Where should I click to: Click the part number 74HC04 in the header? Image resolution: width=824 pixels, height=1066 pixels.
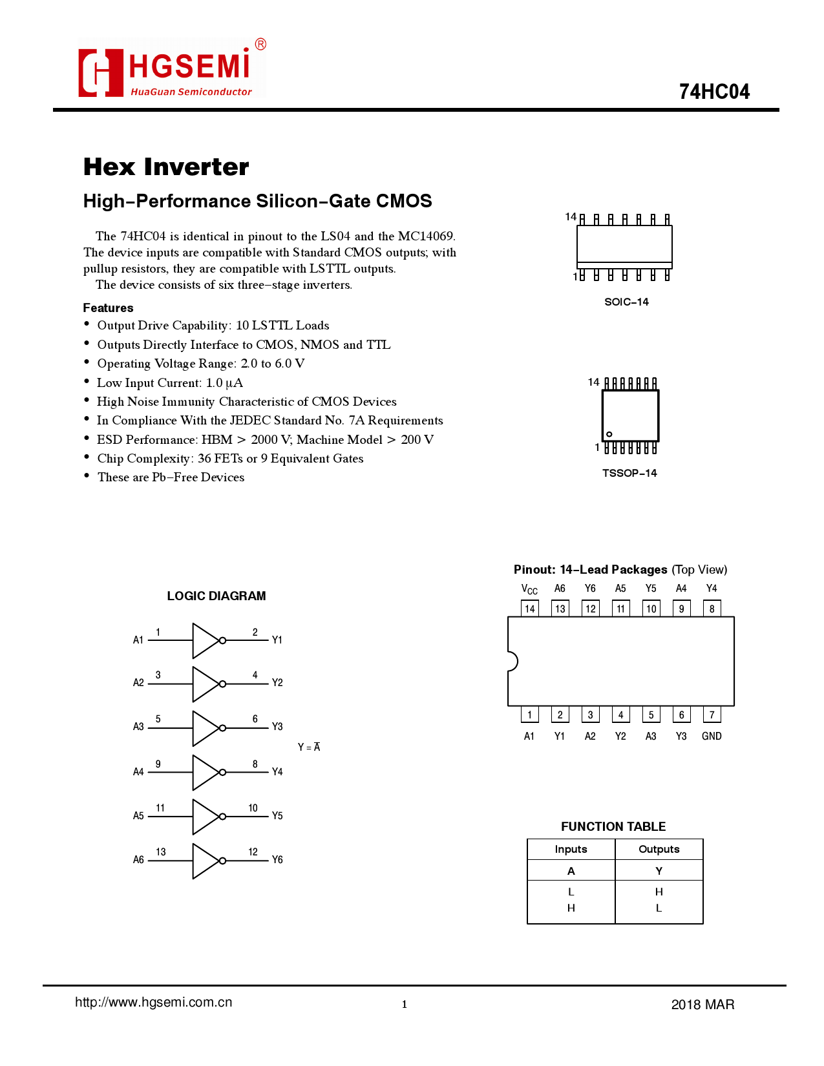point(713,92)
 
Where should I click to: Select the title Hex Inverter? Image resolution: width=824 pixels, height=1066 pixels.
point(166,167)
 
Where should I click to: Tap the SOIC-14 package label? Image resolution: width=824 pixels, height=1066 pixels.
point(626,302)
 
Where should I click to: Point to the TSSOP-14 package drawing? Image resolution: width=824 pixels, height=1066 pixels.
point(630,415)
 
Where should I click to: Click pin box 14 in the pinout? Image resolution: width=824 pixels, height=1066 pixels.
point(530,609)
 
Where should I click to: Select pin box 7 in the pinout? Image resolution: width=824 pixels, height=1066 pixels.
point(712,715)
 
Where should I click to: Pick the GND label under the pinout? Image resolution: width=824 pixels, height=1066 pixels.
point(712,736)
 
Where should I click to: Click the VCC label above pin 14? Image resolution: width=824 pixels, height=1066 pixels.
point(529,589)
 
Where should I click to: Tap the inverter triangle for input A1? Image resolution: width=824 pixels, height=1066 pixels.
point(205,640)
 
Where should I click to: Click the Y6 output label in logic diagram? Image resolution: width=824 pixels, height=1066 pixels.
point(277,859)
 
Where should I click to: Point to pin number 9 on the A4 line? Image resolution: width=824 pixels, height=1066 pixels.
point(158,764)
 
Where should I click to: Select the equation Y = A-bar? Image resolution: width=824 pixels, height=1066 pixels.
point(309,747)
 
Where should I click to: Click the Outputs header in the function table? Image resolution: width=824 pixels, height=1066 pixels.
point(659,849)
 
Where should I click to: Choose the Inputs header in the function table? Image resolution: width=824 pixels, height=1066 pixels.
point(571,849)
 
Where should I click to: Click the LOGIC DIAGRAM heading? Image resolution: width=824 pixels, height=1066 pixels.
point(217,596)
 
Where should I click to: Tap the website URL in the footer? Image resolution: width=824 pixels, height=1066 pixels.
point(154,1002)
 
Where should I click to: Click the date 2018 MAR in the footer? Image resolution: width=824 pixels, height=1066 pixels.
point(703,1004)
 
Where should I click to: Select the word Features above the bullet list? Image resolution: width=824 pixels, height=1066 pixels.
point(108,308)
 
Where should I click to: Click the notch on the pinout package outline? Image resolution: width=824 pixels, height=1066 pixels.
point(512,661)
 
